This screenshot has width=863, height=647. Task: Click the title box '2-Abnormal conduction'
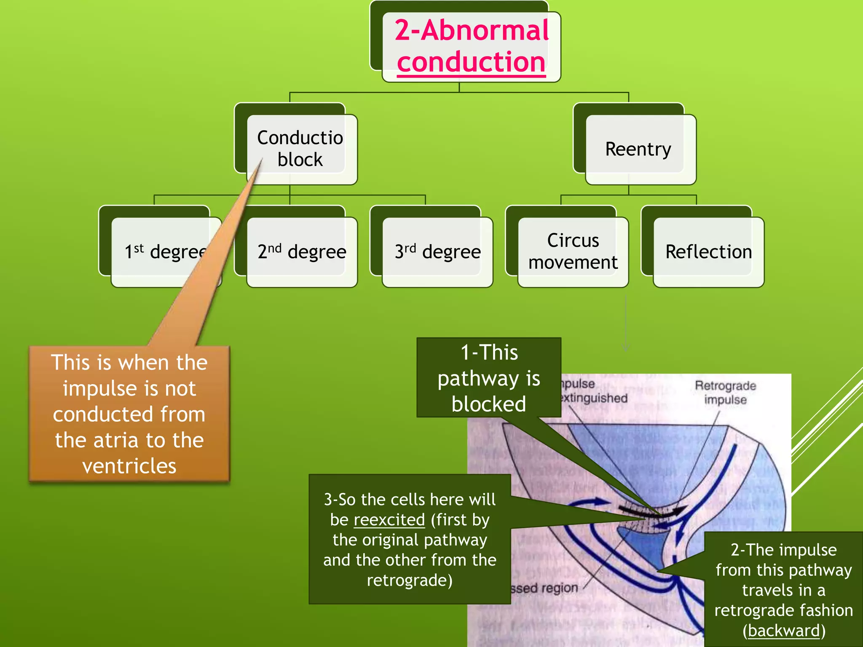click(x=471, y=46)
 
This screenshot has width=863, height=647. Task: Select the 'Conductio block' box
click(x=300, y=149)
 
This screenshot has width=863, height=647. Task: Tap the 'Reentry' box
click(x=638, y=149)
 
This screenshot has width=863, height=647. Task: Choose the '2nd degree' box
click(x=302, y=252)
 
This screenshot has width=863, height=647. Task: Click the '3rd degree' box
click(x=437, y=252)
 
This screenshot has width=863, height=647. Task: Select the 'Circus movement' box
click(x=573, y=251)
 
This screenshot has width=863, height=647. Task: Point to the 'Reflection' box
click(x=708, y=252)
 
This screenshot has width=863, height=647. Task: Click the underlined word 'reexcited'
click(x=389, y=520)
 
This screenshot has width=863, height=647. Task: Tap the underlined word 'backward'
click(x=784, y=631)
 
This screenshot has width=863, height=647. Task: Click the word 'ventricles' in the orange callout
click(x=129, y=466)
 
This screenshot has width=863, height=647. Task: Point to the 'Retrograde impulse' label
click(x=725, y=392)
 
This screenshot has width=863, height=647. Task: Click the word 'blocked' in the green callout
click(x=488, y=404)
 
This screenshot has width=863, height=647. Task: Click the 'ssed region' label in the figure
click(x=544, y=588)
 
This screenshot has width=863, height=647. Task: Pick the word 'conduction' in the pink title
click(x=471, y=62)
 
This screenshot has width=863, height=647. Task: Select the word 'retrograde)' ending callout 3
click(x=410, y=580)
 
